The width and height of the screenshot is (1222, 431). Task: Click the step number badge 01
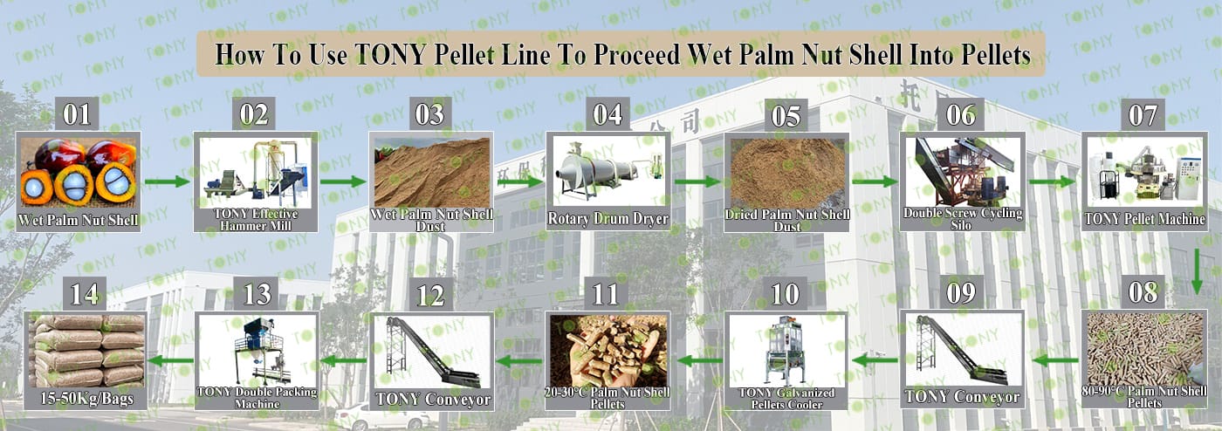[77, 114]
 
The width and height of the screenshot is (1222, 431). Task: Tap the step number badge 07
[1143, 115]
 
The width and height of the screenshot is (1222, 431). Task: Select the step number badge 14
[85, 294]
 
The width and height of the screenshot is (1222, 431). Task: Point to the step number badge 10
[785, 294]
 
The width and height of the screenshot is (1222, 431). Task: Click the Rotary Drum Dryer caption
[608, 219]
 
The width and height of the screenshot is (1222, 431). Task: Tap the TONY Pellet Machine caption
[1144, 219]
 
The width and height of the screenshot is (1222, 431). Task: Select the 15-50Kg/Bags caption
[86, 398]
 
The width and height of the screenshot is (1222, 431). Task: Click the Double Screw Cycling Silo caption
[963, 218]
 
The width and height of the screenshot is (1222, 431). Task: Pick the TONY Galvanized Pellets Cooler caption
[786, 398]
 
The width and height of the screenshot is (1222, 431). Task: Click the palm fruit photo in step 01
[78, 173]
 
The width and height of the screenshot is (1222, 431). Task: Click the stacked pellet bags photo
[86, 350]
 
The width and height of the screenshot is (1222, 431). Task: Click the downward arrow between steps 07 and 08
[1197, 271]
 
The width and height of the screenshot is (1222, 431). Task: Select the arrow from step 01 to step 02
[168, 181]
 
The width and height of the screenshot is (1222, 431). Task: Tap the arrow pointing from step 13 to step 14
[171, 360]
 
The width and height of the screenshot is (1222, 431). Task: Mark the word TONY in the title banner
[390, 54]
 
